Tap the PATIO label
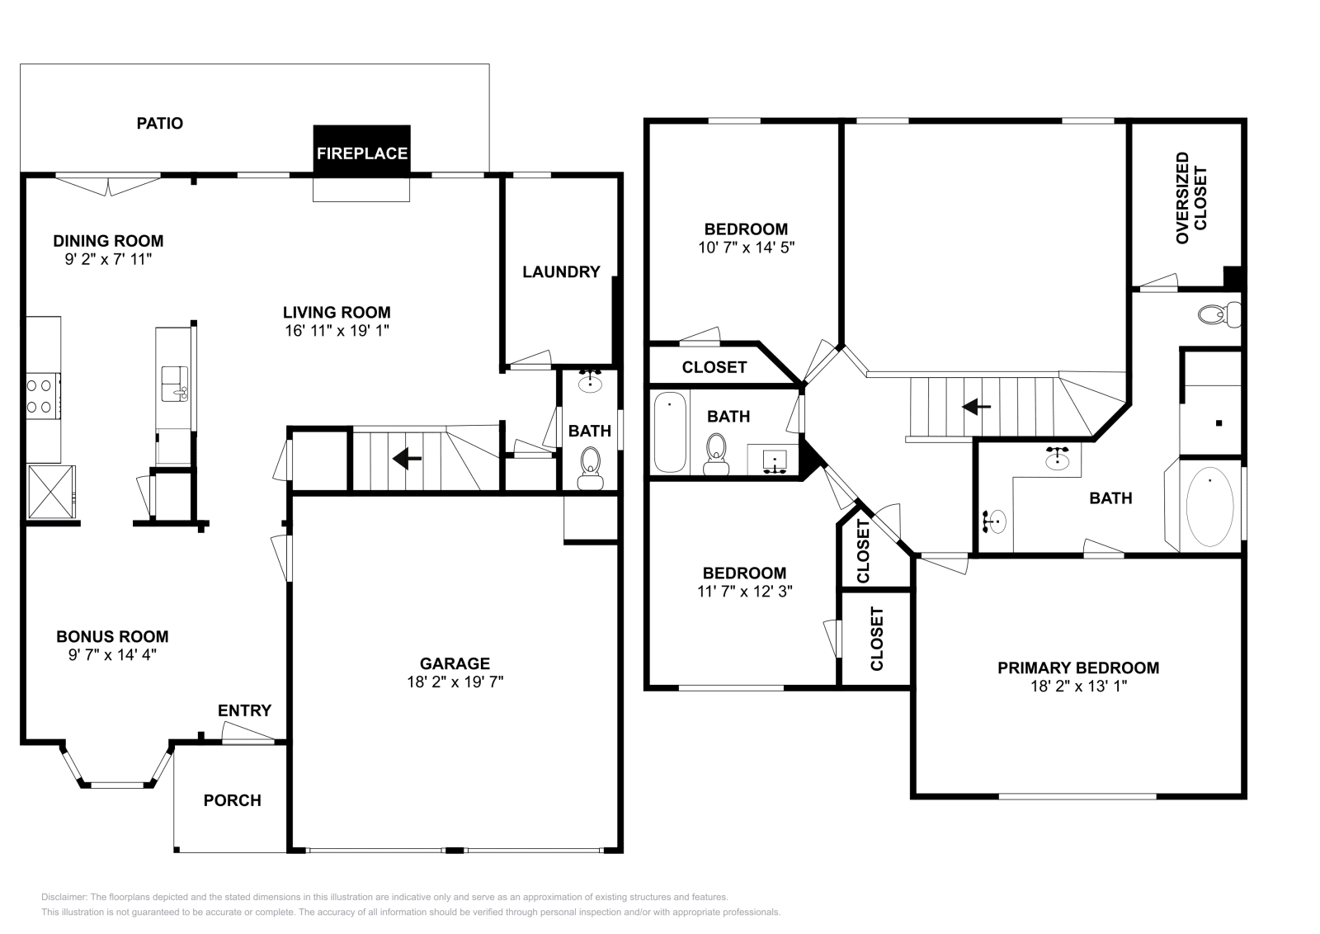click(159, 124)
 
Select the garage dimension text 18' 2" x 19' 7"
click(455, 682)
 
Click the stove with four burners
click(42, 395)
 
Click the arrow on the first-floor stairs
click(408, 458)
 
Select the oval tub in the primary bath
click(1209, 507)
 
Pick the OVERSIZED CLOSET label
click(1191, 198)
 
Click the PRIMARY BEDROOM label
click(1077, 667)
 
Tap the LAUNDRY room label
click(561, 272)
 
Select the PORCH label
click(232, 800)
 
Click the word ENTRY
click(244, 710)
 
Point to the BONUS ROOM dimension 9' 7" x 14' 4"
click(112, 654)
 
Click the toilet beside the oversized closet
click(1219, 314)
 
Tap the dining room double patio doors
click(108, 184)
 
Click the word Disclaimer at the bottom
click(63, 897)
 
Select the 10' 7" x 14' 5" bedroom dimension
click(746, 247)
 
